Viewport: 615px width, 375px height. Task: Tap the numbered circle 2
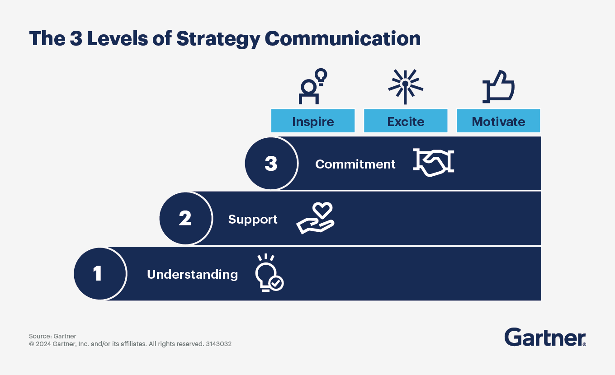point(185,219)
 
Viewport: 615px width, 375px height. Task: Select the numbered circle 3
point(271,164)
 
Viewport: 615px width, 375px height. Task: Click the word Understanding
point(192,274)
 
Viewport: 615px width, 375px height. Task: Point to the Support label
point(253,220)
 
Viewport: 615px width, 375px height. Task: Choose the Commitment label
point(355,164)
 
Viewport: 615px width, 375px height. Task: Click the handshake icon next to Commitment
point(433,162)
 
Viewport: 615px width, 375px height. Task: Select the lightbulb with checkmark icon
point(269,273)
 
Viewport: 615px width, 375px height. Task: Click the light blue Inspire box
point(313,121)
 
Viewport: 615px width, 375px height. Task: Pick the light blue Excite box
point(406,121)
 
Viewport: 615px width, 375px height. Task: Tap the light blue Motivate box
point(498,121)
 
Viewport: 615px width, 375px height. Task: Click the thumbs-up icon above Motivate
point(498,86)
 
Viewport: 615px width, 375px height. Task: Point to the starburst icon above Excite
point(406,85)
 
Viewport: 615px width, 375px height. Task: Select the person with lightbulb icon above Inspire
point(312,86)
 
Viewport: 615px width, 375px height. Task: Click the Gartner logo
point(545,337)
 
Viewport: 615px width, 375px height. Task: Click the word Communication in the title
point(342,39)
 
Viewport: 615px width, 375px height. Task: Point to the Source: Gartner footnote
point(52,336)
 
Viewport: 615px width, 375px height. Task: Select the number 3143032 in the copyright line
point(218,344)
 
